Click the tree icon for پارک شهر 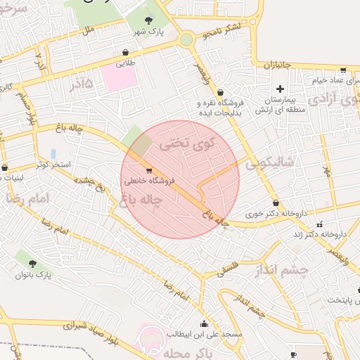click(x=148, y=21)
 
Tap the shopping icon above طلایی click(x=125, y=52)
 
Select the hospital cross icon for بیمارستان click(x=280, y=89)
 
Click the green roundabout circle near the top click(x=186, y=40)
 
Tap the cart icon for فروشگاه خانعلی click(x=148, y=170)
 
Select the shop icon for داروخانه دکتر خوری click(x=276, y=202)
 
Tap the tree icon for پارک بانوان click(x=32, y=264)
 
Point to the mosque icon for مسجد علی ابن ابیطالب click(x=204, y=323)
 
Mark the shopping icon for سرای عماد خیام click(x=342, y=70)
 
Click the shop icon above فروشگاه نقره click(x=220, y=91)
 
